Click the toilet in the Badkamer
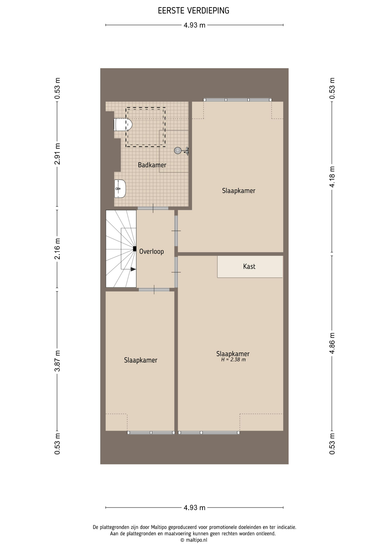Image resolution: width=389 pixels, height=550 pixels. click(123, 125)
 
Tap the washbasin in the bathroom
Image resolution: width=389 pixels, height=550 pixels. click(120, 189)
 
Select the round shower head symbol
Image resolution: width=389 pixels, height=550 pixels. click(178, 150)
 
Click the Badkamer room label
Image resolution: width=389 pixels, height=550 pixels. click(152, 165)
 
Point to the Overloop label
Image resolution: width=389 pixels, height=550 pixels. click(152, 252)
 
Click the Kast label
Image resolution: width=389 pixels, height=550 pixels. click(249, 266)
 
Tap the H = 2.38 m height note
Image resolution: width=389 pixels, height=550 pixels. click(233, 360)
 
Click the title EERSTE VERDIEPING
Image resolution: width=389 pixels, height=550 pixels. click(194, 11)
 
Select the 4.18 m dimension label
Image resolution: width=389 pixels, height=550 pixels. click(332, 177)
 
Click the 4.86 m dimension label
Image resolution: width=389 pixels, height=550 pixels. click(332, 343)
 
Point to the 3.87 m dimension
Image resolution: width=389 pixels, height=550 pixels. click(57, 361)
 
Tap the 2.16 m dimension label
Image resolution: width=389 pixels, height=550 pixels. click(57, 249)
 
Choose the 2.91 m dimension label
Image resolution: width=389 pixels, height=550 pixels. click(57, 154)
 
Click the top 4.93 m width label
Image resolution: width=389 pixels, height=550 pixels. click(194, 25)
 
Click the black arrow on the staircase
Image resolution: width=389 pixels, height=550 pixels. click(133, 269)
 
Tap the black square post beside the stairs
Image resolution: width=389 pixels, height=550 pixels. click(135, 249)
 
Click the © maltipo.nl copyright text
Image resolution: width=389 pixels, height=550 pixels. click(194, 540)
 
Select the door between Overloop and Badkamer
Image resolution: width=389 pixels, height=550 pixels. click(153, 208)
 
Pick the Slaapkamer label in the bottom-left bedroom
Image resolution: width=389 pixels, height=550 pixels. click(141, 360)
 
